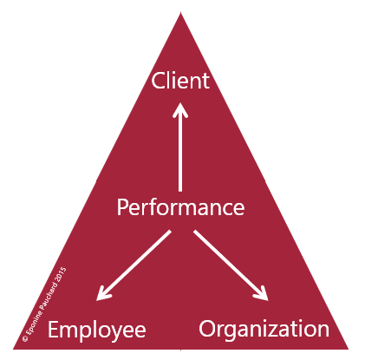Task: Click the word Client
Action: tap(180, 81)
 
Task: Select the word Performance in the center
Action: tap(180, 207)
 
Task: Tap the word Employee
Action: tap(97, 331)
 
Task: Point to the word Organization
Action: tap(264, 330)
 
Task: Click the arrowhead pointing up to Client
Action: tap(180, 110)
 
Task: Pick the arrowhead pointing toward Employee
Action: tap(103, 293)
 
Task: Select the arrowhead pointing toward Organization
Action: tap(261, 293)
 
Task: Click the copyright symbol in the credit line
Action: tap(25, 338)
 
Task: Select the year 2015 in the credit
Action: tap(61, 274)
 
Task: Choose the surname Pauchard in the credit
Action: tap(49, 296)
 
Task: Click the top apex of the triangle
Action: tap(180, 12)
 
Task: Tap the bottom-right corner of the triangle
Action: tap(348, 349)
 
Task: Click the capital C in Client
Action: tap(157, 81)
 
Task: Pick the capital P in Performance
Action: tap(122, 207)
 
